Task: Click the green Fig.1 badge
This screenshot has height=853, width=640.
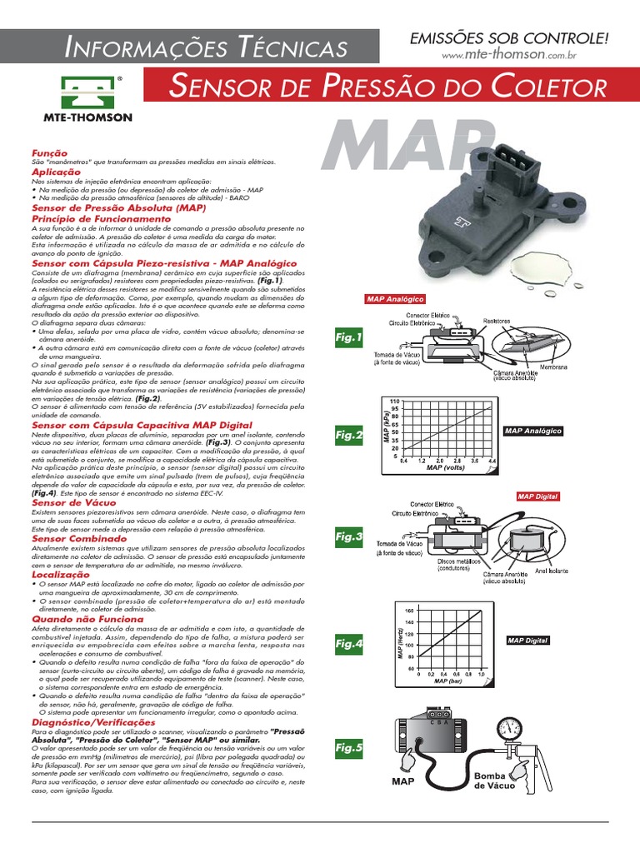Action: tap(349, 338)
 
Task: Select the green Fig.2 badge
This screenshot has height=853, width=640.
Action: tap(349, 434)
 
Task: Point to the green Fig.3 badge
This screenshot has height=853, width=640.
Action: tap(349, 536)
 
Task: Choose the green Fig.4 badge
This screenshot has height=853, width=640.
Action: tap(349, 644)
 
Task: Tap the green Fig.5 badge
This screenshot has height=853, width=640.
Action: tap(349, 748)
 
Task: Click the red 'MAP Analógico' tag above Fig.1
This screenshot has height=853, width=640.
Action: tap(395, 299)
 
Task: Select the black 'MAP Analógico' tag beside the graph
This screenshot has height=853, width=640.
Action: tap(533, 431)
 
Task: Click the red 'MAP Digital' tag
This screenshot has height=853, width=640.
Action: tap(538, 496)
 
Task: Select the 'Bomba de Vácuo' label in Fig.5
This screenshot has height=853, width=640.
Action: tap(497, 781)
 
